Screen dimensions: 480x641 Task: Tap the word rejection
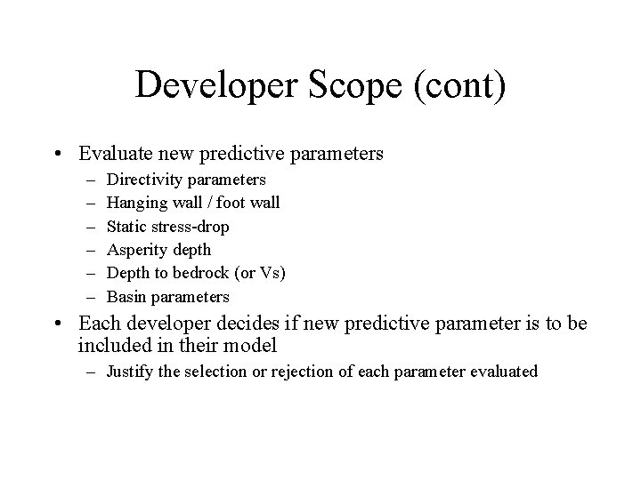[x=293, y=372]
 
